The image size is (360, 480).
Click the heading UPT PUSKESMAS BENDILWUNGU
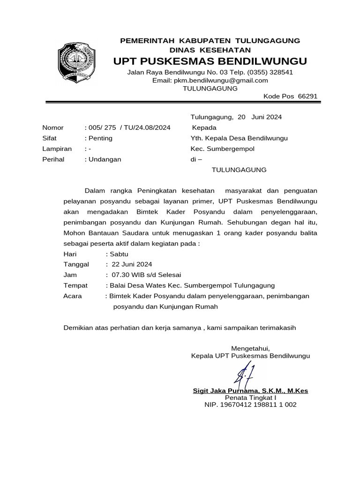pos(210,61)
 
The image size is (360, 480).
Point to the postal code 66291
pos(307,96)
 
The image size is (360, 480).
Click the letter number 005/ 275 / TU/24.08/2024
pos(128,127)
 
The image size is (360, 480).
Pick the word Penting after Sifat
pos(100,138)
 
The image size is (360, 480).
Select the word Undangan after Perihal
pos(104,159)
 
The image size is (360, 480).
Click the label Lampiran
pos(57,149)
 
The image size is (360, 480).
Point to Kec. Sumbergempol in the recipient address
pos(222,149)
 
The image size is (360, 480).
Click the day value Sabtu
pos(115,254)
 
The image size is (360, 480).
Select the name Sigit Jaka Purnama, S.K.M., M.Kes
pos(250,391)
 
